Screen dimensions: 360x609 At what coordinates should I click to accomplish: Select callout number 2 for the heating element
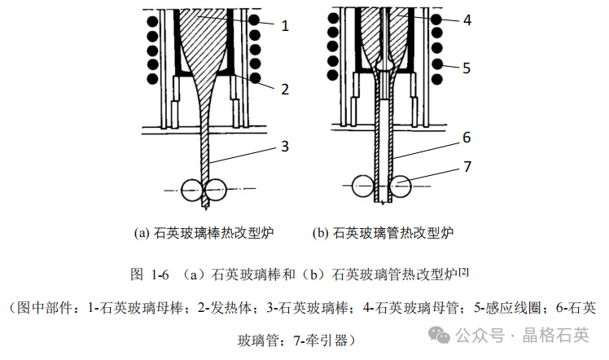pyautogui.click(x=285, y=89)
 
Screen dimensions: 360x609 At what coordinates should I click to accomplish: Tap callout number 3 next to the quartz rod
pyautogui.click(x=285, y=147)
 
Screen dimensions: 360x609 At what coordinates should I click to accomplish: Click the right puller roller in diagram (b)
pyautogui.click(x=400, y=189)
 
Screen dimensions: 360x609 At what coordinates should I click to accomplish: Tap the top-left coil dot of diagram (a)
pyautogui.click(x=150, y=18)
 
